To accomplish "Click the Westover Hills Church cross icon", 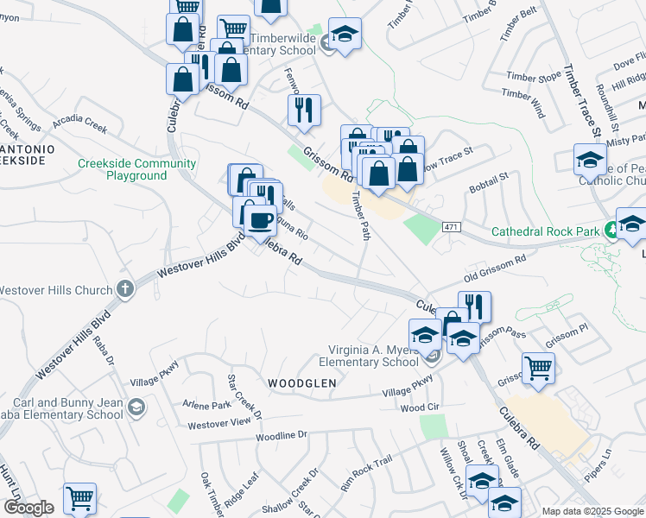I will pyautogui.click(x=126, y=287).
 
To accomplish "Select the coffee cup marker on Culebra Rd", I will pyautogui.click(x=259, y=219).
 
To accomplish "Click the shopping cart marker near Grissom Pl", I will pyautogui.click(x=538, y=369).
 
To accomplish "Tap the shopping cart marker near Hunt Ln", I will pyautogui.click(x=79, y=498).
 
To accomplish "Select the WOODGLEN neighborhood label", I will pyautogui.click(x=301, y=382).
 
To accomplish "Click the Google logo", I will pyautogui.click(x=28, y=508).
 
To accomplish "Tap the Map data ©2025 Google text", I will pyautogui.click(x=592, y=511).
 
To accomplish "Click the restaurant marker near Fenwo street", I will pyautogui.click(x=304, y=111).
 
